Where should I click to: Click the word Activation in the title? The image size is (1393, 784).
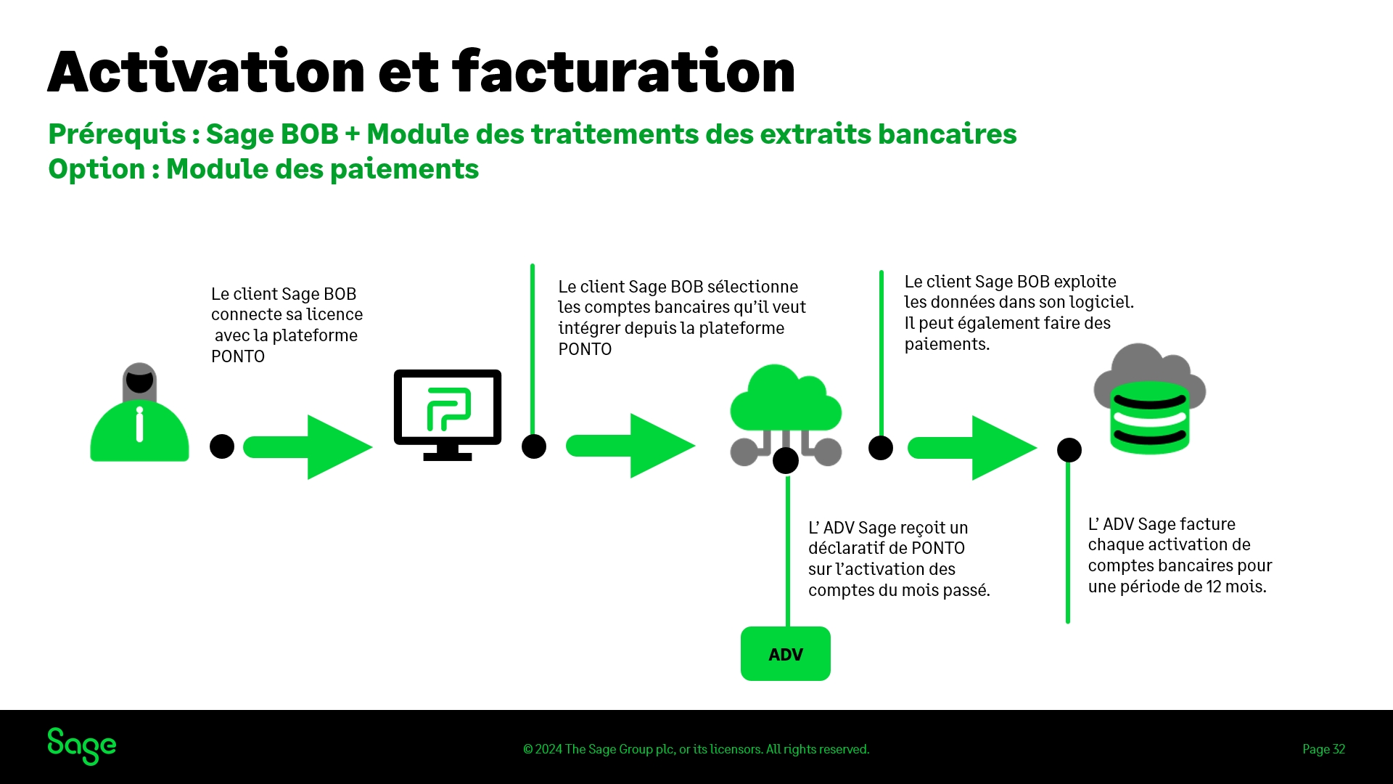coord(206,73)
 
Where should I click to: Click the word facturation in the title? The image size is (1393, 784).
coord(624,73)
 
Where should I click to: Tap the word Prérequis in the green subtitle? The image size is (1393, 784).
coord(117,134)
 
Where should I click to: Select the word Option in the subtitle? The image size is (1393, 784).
coord(96,169)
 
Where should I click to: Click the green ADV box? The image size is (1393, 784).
coord(785,654)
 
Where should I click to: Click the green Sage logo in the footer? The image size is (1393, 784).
coord(81,746)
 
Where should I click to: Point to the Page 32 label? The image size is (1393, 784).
coord(1323,749)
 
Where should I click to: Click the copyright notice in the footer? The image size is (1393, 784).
coord(696,749)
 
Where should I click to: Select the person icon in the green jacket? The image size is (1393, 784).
coord(139,414)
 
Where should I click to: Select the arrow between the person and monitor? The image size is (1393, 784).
coord(308,447)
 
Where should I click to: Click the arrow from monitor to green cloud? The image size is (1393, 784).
coord(630,446)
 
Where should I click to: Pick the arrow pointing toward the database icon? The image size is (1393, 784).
coord(971,448)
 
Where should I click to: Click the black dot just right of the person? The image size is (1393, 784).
coord(222,446)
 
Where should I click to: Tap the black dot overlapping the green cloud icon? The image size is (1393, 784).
coord(786,460)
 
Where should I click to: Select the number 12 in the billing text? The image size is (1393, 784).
coord(1214,587)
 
